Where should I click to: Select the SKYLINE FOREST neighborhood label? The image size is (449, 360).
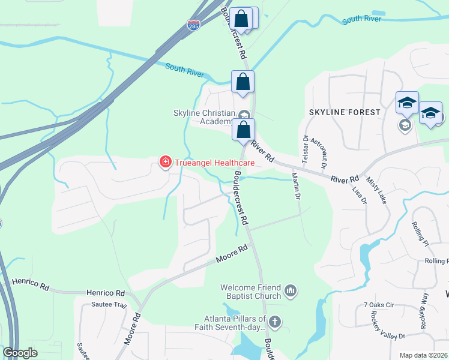tap(345, 112)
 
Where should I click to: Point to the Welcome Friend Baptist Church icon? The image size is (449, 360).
tap(291, 292)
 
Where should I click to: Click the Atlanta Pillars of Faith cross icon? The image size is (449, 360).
tap(275, 322)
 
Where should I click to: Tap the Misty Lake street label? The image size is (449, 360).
tap(379, 191)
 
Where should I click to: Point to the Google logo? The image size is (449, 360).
tap(20, 353)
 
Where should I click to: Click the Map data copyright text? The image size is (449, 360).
tap(423, 355)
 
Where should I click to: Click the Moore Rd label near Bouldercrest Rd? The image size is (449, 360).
tap(231, 254)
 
